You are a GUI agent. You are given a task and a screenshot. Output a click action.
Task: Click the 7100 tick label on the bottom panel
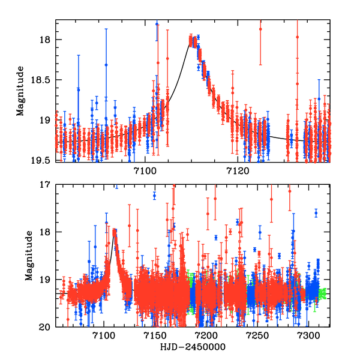(104, 337)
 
